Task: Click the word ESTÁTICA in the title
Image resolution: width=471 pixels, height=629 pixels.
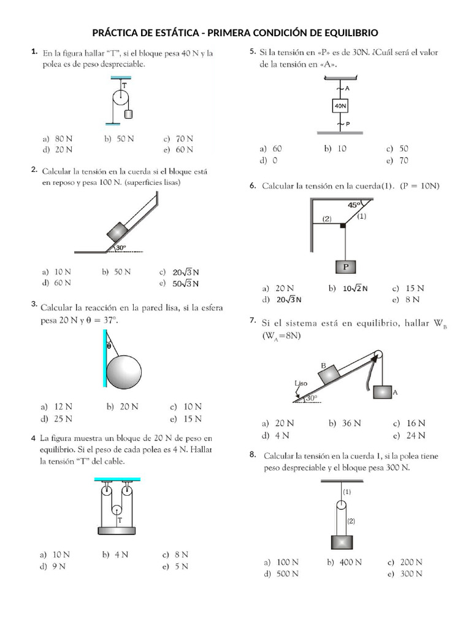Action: [180, 32]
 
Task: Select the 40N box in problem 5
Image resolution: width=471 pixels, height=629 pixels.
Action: [340, 107]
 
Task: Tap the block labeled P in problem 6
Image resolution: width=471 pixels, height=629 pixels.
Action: [346, 267]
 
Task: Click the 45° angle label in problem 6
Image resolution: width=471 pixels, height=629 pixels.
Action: [354, 205]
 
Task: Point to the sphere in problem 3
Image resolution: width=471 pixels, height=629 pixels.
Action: [124, 371]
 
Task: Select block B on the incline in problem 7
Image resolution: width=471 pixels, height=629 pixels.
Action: [329, 374]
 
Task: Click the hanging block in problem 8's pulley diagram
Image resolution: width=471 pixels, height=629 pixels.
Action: [342, 542]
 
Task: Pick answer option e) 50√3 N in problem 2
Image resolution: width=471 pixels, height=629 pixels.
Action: [179, 283]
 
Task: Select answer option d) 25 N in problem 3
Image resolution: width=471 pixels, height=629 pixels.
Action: [56, 419]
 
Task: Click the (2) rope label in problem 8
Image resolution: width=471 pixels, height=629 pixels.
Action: [351, 521]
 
